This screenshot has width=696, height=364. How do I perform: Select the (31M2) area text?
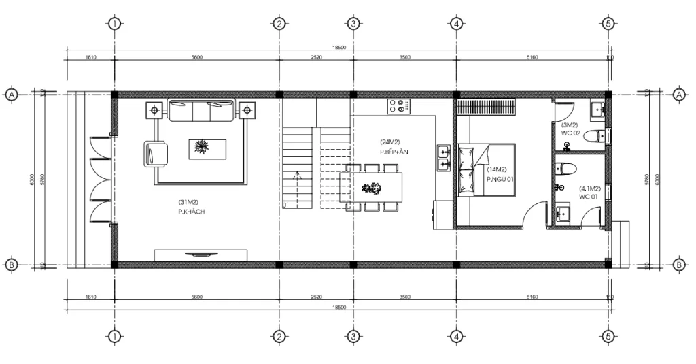point(188,202)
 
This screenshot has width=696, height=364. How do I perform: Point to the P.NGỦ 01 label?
point(500,179)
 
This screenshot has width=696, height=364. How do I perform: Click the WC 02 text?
point(570,133)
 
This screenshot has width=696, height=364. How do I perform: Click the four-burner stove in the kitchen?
point(399,105)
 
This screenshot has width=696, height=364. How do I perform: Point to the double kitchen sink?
point(443,156)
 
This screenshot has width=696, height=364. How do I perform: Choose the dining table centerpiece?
point(372,188)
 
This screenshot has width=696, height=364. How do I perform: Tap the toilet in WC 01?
point(566,167)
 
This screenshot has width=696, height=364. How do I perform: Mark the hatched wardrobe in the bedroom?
point(487,107)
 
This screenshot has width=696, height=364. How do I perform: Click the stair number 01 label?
point(285,204)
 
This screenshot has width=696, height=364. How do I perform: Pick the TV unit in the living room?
point(201,254)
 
